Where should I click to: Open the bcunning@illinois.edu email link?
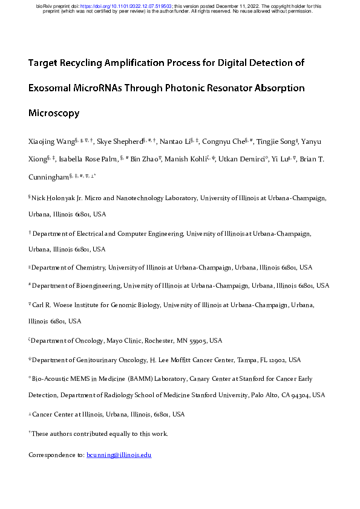(119, 454)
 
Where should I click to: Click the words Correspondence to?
(57, 454)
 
